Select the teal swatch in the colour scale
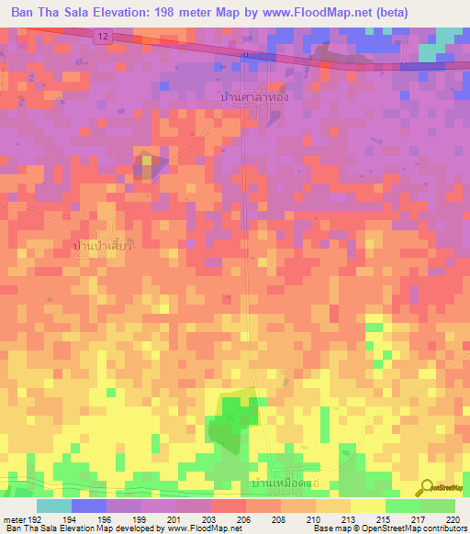coord(54,506)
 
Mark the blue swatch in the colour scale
coord(89,506)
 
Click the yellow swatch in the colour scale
coord(367,506)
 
